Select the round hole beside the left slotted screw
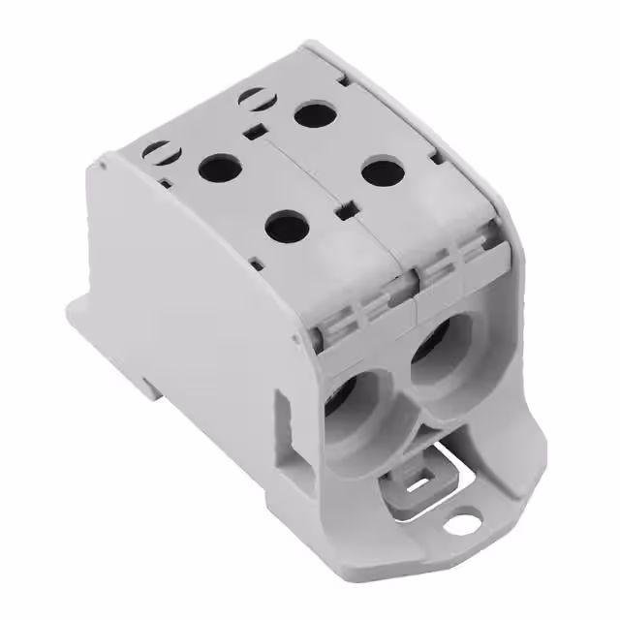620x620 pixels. tap(220, 169)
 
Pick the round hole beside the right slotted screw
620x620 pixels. tap(314, 114)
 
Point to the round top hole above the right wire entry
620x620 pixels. tap(383, 172)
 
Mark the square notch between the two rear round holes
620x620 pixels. tap(254, 133)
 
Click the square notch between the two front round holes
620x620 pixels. tap(342, 207)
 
